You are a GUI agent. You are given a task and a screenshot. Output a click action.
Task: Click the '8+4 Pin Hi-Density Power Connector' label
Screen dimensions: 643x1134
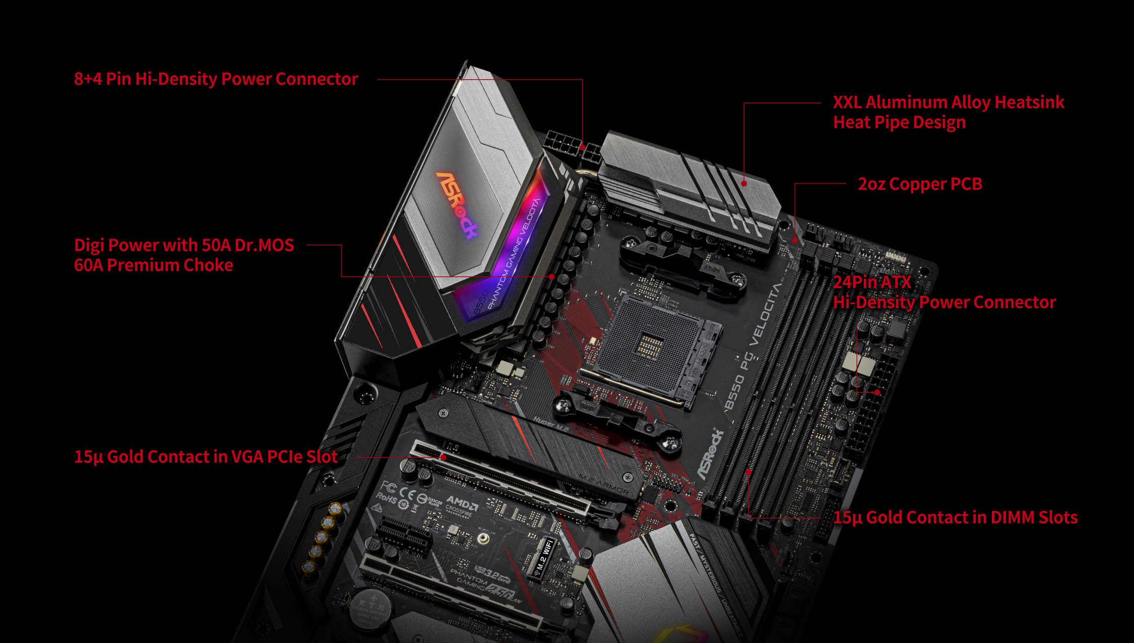216,79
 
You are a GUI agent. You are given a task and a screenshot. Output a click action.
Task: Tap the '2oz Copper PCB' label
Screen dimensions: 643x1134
920,184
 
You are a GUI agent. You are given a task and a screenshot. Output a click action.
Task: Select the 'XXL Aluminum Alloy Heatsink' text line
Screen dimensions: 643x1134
948,102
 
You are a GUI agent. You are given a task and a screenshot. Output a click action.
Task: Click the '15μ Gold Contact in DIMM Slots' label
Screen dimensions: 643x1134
955,517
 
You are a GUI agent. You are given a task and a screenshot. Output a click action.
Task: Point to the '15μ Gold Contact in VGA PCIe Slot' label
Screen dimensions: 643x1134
206,457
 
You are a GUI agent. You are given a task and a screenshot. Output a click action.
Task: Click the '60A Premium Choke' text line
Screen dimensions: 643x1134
153,265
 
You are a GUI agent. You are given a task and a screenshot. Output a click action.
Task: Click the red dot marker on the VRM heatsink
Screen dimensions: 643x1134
744,184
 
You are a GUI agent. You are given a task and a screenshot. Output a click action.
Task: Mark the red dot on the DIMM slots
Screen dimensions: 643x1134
749,472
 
